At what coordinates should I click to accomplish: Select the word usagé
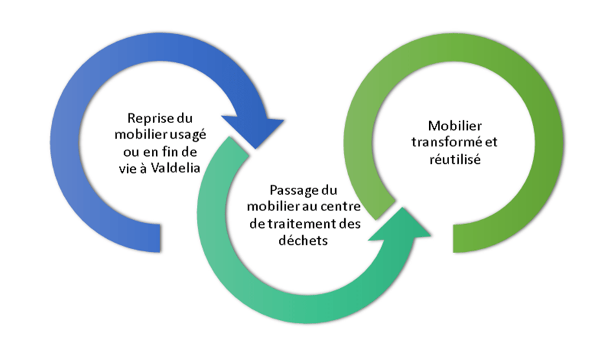[186, 135]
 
